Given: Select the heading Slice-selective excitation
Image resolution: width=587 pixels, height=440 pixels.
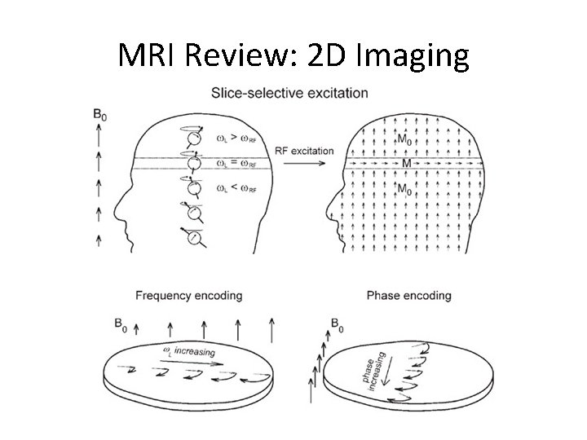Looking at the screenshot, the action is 289,92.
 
